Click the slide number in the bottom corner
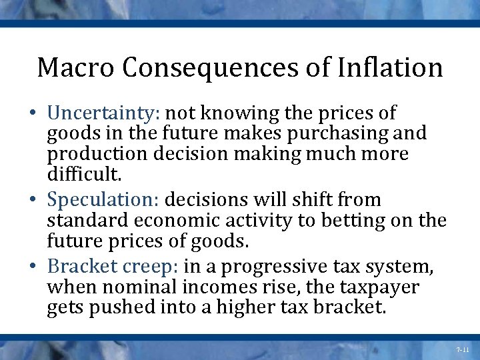click(x=463, y=349)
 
